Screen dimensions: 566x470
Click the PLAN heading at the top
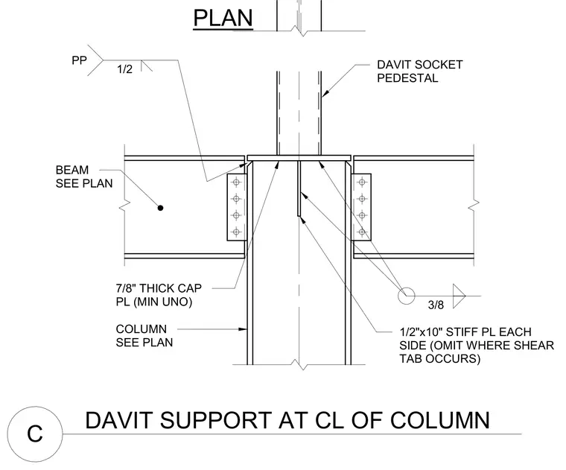pyautogui.click(x=223, y=18)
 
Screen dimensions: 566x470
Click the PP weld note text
pyautogui.click(x=79, y=60)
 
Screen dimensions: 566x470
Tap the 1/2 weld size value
pyautogui.click(x=124, y=69)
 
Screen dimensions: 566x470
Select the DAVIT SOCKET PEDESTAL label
pyautogui.click(x=420, y=71)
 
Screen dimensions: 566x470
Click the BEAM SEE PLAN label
pyautogui.click(x=84, y=177)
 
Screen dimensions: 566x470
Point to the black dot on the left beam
pyautogui.click(x=160, y=208)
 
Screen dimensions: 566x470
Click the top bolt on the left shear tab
pyautogui.click(x=236, y=182)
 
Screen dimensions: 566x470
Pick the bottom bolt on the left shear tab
pyautogui.click(x=236, y=232)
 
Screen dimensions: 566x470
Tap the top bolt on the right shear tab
pyautogui.click(x=362, y=182)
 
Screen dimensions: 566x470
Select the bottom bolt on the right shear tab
pyautogui.click(x=362, y=232)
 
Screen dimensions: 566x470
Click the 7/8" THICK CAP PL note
pyautogui.click(x=159, y=295)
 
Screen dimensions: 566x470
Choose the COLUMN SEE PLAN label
pyautogui.click(x=144, y=335)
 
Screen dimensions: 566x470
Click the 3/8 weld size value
pyautogui.click(x=436, y=305)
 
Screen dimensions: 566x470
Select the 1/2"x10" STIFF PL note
pyautogui.click(x=477, y=345)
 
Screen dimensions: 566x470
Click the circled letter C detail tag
pyautogui.click(x=35, y=434)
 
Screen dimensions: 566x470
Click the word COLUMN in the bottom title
pyautogui.click(x=439, y=420)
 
